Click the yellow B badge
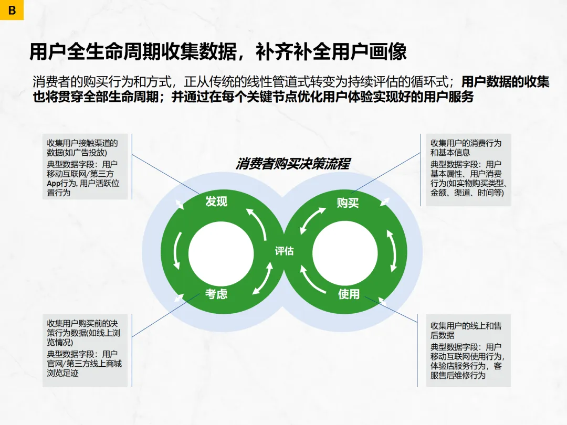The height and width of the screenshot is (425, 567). pos(12,10)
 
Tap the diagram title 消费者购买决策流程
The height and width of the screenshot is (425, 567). pos(292,164)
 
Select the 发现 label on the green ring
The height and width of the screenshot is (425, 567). pos(216,201)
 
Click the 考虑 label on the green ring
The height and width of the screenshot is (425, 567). pos(216,294)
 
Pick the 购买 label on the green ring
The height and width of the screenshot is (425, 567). pos(348,203)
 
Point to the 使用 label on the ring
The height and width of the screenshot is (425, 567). pos(349,294)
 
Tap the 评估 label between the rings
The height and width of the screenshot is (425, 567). pos(284,251)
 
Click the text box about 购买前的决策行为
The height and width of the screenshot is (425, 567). pos(85,350)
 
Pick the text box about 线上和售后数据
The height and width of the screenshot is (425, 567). pos(468,350)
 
